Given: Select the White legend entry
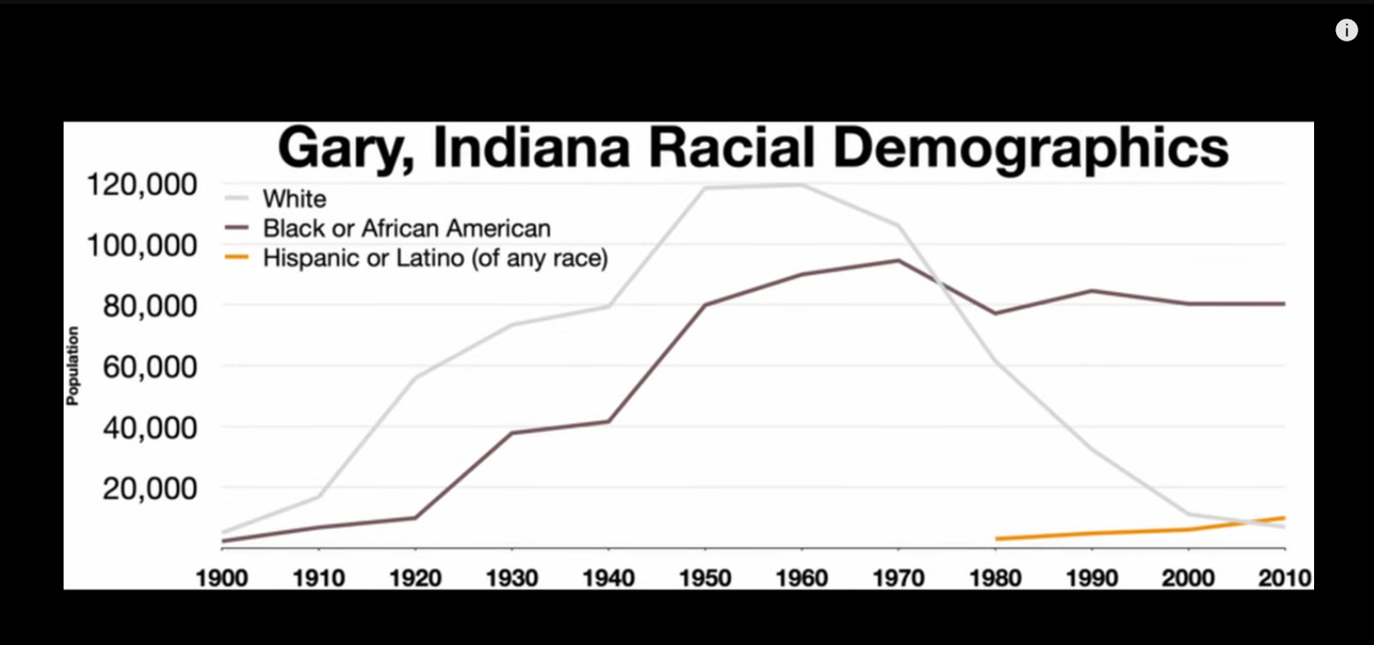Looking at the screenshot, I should tap(294, 198).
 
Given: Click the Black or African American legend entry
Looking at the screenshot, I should tap(406, 229).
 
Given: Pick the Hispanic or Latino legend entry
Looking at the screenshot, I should tap(435, 259).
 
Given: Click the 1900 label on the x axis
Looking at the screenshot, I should tap(222, 578).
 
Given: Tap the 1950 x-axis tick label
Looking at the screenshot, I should tap(705, 578).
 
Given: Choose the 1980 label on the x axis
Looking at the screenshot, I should tap(995, 578).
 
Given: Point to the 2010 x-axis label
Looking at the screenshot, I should tap(1284, 578).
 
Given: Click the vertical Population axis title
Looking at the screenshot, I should tap(73, 366).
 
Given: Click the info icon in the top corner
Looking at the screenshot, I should tap(1346, 30).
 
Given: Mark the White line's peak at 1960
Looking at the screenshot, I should tap(802, 185).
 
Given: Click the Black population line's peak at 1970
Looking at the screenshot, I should tap(898, 260).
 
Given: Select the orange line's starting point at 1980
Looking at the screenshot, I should tap(995, 539).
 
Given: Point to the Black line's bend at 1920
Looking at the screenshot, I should tap(416, 517).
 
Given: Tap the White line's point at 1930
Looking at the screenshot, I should tap(512, 324).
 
